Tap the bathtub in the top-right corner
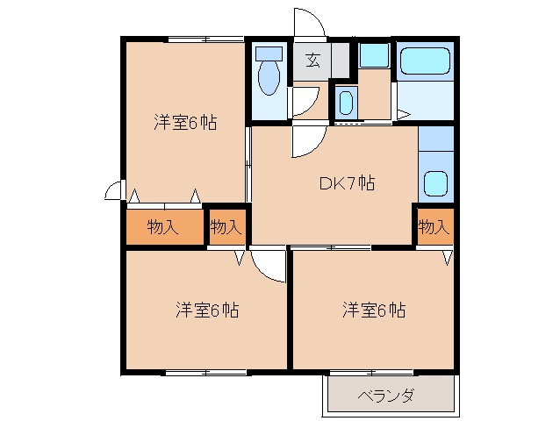click(425, 61)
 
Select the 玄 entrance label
click(312, 61)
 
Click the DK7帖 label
click(347, 183)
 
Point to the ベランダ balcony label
click(385, 396)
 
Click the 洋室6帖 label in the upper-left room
click(185, 123)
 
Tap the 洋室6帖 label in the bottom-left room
click(206, 310)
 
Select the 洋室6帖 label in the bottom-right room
click(374, 310)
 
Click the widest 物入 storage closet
click(164, 227)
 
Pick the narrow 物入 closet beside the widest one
click(226, 227)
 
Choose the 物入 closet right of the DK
click(434, 227)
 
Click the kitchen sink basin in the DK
click(434, 183)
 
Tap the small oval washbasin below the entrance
click(346, 103)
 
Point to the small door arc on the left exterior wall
click(112, 190)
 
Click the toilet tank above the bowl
click(269, 53)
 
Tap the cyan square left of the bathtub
click(374, 54)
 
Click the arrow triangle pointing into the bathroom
click(402, 114)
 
